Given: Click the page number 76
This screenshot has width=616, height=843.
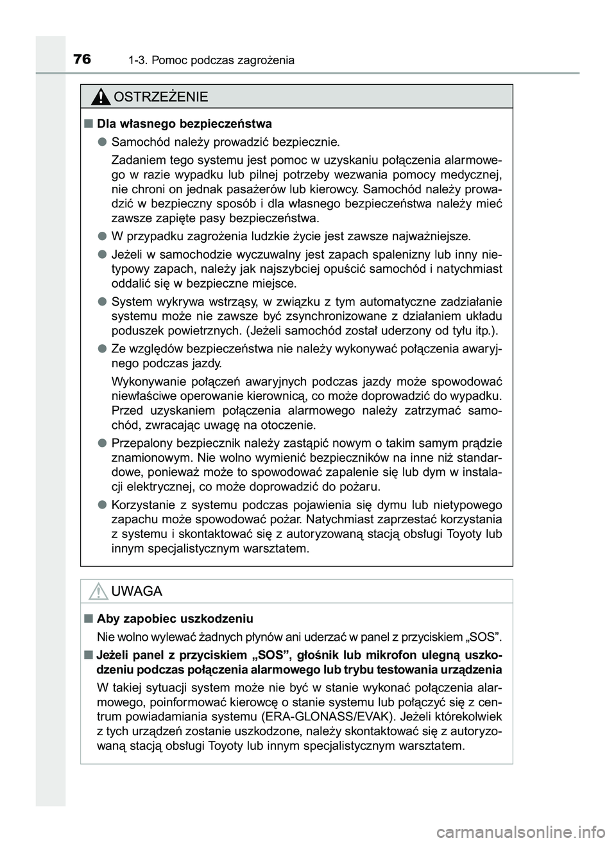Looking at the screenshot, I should tap(82, 60).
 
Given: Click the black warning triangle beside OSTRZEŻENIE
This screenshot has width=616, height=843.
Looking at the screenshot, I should tap(100, 98).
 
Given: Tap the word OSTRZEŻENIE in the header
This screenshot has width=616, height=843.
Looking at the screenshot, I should tap(160, 98).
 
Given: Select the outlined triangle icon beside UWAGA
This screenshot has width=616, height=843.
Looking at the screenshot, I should tap(98, 591).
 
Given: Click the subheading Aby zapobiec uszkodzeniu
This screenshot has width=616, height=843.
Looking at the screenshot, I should tap(175, 619).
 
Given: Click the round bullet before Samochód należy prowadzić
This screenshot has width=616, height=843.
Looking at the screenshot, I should tap(101, 141).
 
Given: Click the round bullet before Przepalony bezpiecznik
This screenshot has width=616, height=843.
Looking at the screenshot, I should tap(101, 443).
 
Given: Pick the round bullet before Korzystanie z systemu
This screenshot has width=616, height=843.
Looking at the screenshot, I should tap(101, 504).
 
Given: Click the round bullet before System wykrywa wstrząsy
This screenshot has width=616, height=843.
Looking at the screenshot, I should tap(101, 301).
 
